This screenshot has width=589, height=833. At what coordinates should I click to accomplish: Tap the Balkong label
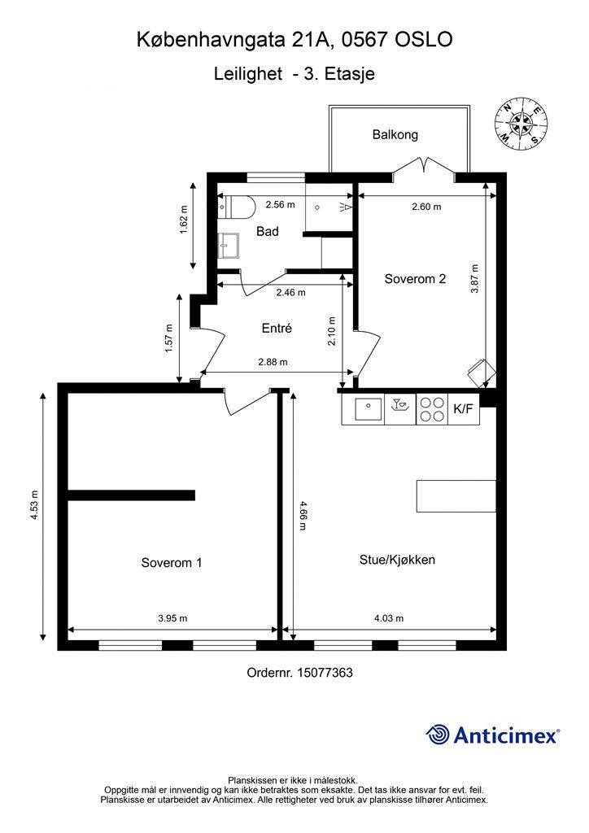click(x=395, y=135)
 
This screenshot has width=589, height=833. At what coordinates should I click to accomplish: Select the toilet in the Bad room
click(x=237, y=206)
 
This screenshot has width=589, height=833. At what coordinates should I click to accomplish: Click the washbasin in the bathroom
click(x=229, y=246)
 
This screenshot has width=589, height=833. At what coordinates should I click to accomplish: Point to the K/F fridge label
click(x=463, y=409)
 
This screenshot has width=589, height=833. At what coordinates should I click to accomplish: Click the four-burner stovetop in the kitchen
click(x=432, y=409)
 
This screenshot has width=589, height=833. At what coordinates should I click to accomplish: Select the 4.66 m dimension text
click(x=303, y=515)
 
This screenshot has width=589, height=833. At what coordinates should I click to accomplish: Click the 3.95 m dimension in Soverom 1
click(x=172, y=618)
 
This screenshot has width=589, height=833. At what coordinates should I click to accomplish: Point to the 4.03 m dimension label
click(x=389, y=618)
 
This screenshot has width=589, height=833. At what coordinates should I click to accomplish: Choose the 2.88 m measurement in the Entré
click(x=273, y=362)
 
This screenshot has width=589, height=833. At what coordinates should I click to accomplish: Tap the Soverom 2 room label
click(x=415, y=279)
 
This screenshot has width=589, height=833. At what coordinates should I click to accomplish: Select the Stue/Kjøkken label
click(x=397, y=560)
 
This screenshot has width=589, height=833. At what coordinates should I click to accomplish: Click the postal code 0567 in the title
click(x=364, y=40)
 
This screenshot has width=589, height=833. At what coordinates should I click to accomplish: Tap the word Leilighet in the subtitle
click(x=248, y=73)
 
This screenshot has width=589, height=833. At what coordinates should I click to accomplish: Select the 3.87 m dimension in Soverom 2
click(x=475, y=279)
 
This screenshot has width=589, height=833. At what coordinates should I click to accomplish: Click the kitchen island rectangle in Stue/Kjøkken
click(x=456, y=496)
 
